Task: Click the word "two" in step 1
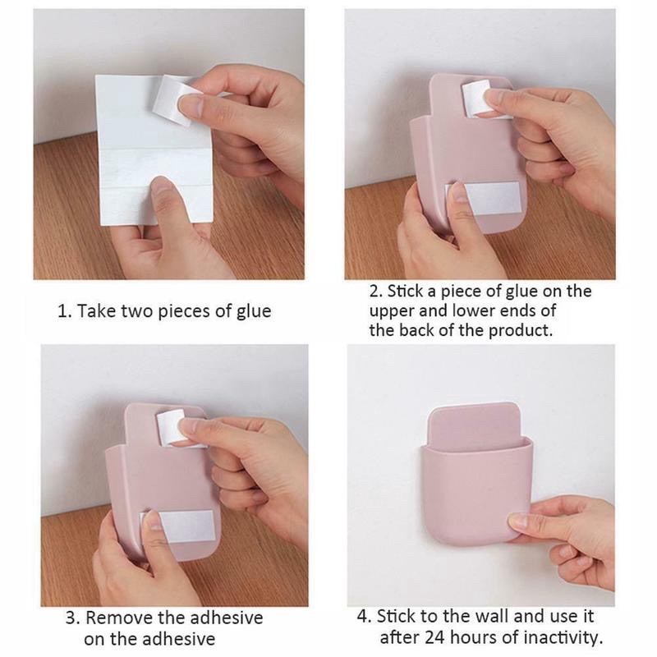point(139,311)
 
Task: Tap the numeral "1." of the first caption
point(64,311)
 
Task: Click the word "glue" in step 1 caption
point(254,311)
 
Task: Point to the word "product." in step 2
point(521,331)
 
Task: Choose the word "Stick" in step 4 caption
point(395,617)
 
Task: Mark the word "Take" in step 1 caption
point(96,311)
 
